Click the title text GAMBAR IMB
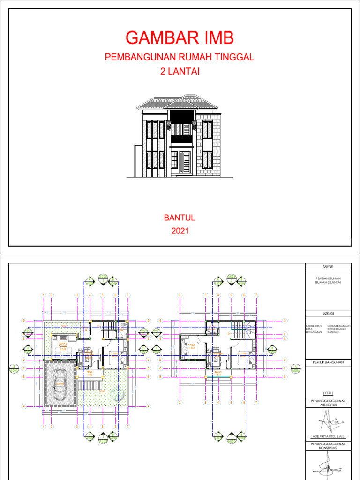[180, 37]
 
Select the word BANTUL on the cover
[179, 218]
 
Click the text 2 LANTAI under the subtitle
[180, 71]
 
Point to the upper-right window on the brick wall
[207, 130]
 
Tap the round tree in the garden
[118, 397]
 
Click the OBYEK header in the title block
[327, 267]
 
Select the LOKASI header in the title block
[327, 313]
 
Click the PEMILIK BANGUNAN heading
[327, 362]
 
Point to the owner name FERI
[327, 393]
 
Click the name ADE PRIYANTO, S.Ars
[327, 435]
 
